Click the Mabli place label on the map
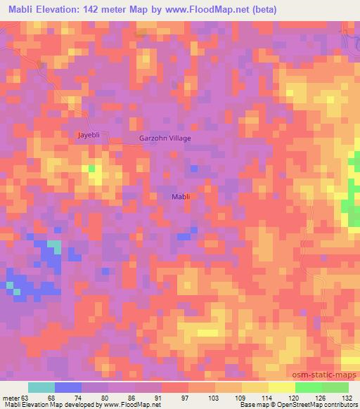pyautogui.click(x=181, y=197)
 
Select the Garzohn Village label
pyautogui.click(x=165, y=138)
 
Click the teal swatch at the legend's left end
pyautogui.click(x=41, y=387)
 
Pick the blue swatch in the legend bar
pyautogui.click(x=67, y=387)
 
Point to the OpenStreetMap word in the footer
pyautogui.click(x=302, y=405)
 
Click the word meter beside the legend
pyautogui.click(x=11, y=397)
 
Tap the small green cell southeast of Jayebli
pyautogui.click(x=91, y=169)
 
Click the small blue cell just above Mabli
pyautogui.click(x=194, y=169)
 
